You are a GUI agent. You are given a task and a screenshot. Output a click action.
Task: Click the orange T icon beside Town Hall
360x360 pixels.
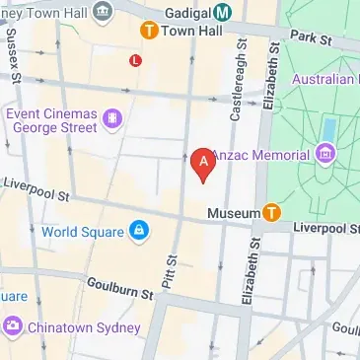coord(149,31)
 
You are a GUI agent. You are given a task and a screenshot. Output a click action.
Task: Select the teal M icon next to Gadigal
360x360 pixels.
coord(224,12)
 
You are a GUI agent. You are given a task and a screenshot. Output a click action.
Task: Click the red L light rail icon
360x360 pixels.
coord(135,60)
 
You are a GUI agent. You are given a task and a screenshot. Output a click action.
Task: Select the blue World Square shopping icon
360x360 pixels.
coord(139,232)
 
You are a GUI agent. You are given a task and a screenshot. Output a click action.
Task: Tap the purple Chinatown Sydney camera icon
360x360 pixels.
coord(12,324)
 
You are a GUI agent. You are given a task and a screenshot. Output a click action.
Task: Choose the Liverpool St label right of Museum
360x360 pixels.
coord(326,229)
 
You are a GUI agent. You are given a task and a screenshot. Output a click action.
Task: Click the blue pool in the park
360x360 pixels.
coord(328,127)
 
